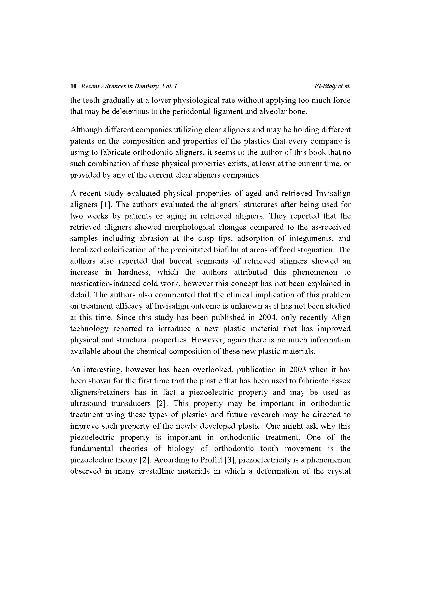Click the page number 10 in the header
(x=73, y=86)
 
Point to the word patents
(x=81, y=141)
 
